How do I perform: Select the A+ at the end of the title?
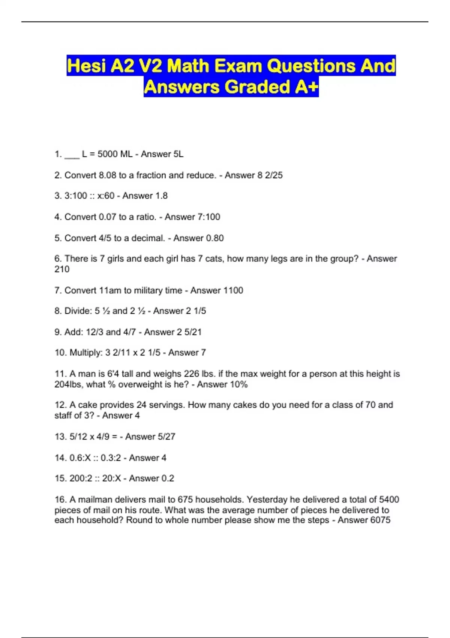(x=307, y=87)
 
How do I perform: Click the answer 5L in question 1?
(x=178, y=154)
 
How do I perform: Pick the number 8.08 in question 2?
(x=108, y=175)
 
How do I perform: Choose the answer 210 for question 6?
(x=62, y=269)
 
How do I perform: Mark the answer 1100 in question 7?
(x=233, y=290)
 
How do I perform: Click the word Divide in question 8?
(x=78, y=311)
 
